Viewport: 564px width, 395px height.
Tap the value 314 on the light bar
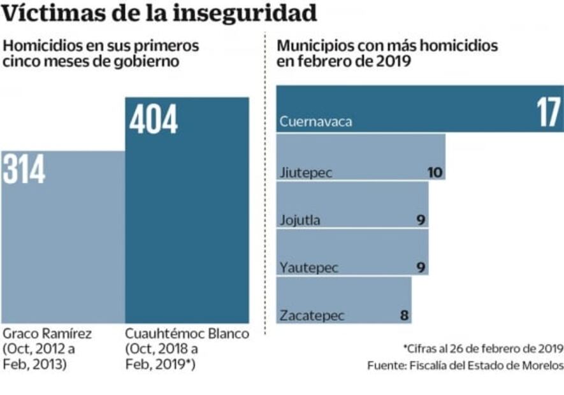(24, 169)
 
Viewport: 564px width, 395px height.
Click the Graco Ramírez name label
(47, 334)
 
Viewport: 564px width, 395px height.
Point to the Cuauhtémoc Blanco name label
(187, 334)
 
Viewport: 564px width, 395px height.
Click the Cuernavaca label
(316, 121)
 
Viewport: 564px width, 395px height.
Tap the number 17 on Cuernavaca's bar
(547, 114)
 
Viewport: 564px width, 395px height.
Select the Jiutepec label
(306, 173)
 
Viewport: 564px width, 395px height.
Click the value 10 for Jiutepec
(435, 172)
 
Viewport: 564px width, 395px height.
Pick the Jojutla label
(300, 220)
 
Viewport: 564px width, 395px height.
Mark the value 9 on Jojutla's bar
(421, 220)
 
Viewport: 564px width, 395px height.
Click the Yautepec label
(308, 267)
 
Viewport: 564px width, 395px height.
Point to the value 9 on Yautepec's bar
(421, 267)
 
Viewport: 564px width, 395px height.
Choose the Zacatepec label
(312, 315)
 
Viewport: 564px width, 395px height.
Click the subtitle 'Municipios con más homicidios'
(387, 46)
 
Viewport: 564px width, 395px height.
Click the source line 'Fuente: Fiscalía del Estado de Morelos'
(465, 366)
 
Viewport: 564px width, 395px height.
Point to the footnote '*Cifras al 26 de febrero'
(483, 348)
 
